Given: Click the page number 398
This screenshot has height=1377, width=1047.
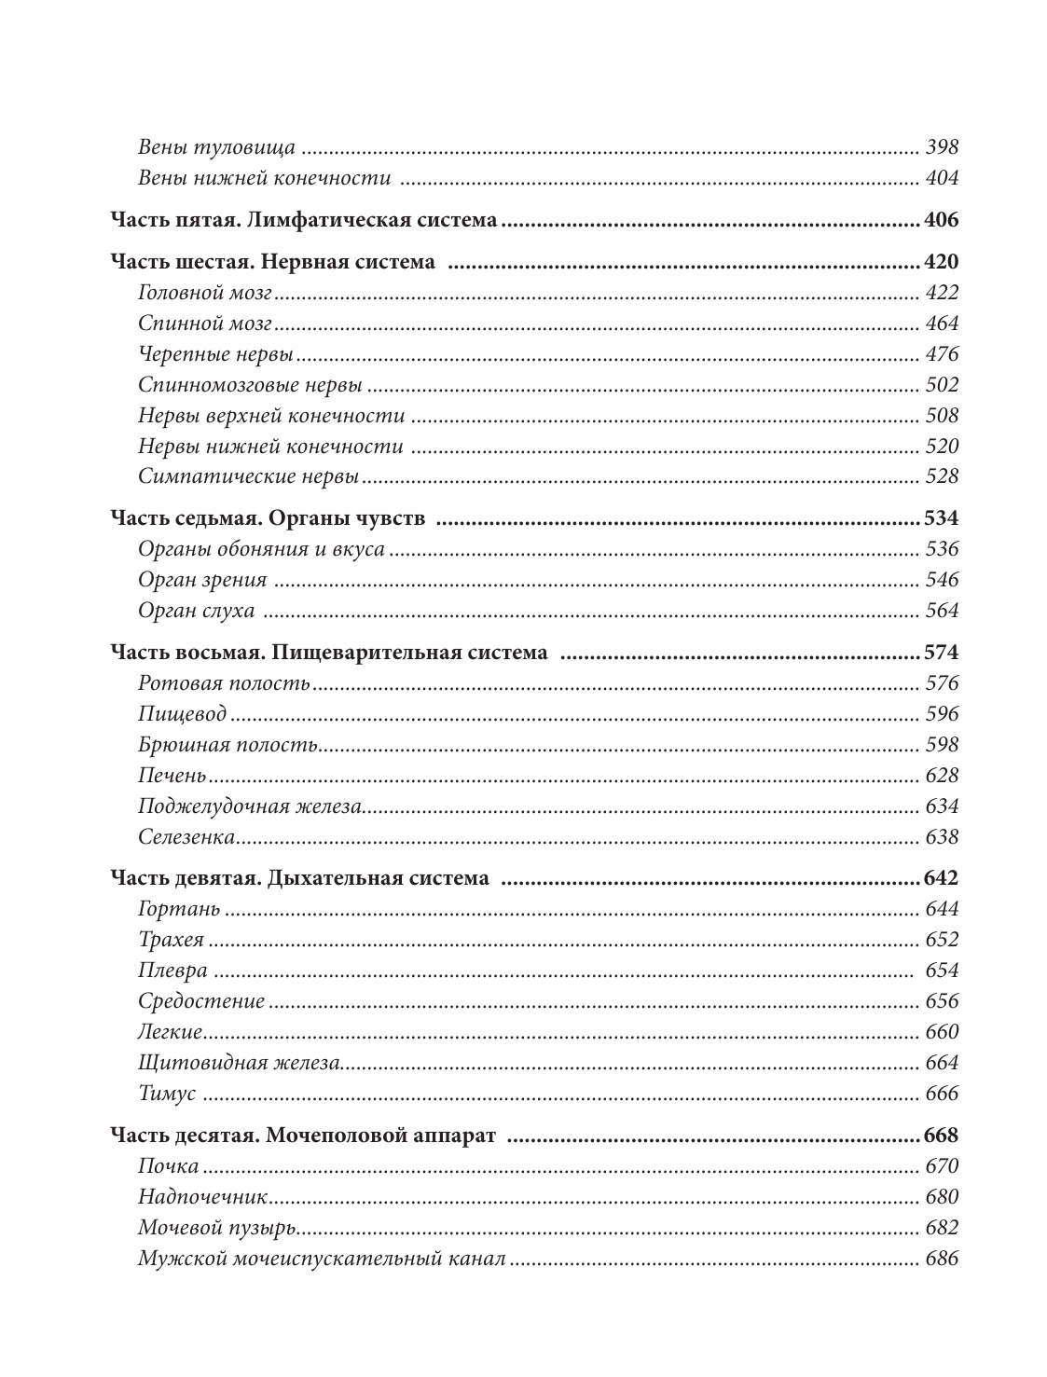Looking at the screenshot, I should click(x=942, y=147).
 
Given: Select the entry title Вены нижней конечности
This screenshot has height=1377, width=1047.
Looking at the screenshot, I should click(x=263, y=178).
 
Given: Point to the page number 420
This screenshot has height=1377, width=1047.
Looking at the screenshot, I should click(x=940, y=262).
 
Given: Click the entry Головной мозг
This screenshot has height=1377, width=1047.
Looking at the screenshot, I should click(x=204, y=293).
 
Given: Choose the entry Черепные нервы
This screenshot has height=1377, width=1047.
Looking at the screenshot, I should click(x=215, y=354).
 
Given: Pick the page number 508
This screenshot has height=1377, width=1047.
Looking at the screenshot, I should click(x=942, y=416).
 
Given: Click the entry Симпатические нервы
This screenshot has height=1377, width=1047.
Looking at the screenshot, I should click(x=248, y=476).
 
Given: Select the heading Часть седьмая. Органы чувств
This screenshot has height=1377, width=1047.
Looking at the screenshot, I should click(x=268, y=518).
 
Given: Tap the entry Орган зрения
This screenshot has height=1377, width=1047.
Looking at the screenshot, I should click(x=202, y=580).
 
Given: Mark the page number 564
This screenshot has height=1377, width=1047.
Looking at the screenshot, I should click(x=942, y=611).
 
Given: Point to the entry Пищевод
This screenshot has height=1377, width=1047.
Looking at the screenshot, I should click(x=182, y=714).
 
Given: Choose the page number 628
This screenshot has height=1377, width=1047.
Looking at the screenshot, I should click(x=942, y=776).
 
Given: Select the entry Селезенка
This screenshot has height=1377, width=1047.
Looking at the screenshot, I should click(x=186, y=837).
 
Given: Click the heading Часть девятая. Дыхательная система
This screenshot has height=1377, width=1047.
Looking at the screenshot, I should click(x=299, y=878).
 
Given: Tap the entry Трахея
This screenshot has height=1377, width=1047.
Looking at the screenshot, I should click(x=171, y=940).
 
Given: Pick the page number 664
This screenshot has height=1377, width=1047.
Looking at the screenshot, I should click(x=942, y=1063).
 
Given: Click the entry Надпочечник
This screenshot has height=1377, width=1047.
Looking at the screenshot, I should click(x=202, y=1197).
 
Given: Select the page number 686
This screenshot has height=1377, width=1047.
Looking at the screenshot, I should click(x=942, y=1259).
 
